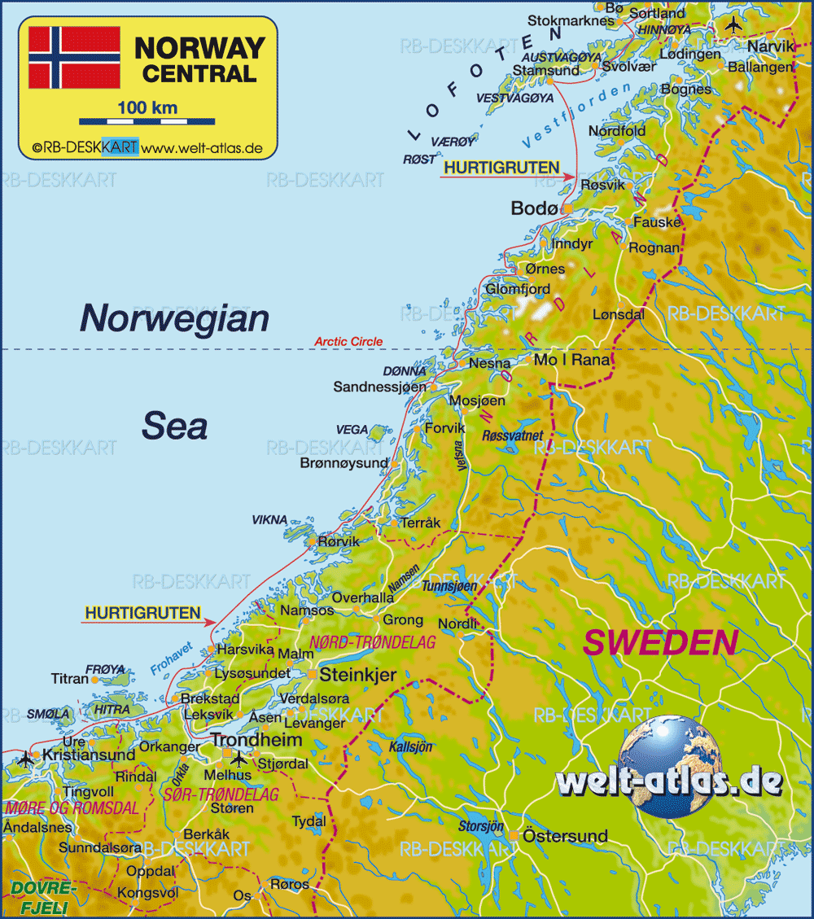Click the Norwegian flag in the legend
click(x=74, y=57)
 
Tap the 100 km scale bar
click(x=147, y=121)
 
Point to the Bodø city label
click(x=535, y=208)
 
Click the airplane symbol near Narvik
click(x=733, y=24)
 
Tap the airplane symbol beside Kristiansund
click(x=25, y=759)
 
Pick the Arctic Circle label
click(x=348, y=342)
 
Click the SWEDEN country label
click(x=661, y=642)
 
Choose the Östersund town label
click(x=565, y=836)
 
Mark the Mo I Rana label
click(x=571, y=360)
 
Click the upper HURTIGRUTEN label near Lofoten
click(x=501, y=168)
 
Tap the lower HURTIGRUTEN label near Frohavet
click(x=142, y=613)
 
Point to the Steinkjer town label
click(x=357, y=675)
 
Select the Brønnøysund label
click(x=344, y=463)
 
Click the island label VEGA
click(x=352, y=430)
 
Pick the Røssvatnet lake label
click(x=513, y=436)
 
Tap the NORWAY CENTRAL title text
click(x=199, y=59)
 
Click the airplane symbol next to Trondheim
click(x=239, y=759)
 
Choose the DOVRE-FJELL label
click(x=42, y=895)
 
